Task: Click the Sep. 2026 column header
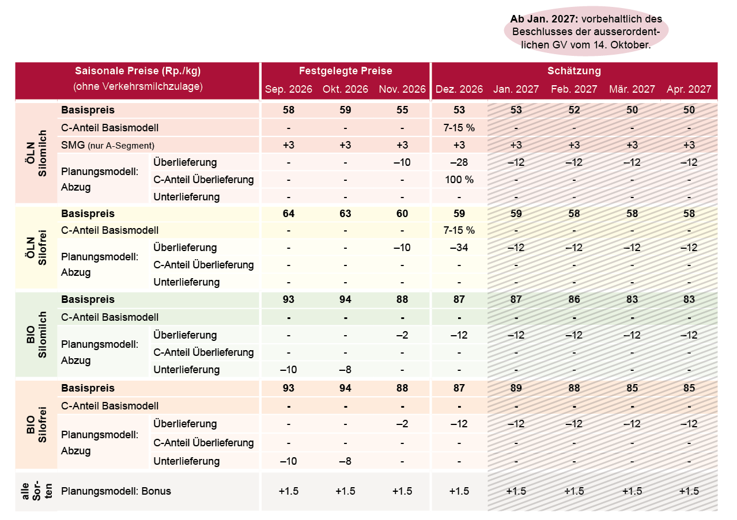[289, 89]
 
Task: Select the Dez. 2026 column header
[459, 89]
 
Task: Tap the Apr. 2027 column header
[689, 89]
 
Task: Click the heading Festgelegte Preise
[346, 71]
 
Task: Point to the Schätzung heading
[574, 71]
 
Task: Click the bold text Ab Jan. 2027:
[544, 19]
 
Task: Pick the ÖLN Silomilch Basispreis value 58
[289, 110]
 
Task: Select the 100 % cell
[459, 180]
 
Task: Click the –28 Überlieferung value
[459, 162]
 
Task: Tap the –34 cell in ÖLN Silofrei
[459, 248]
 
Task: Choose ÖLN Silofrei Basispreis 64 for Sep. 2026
[289, 214]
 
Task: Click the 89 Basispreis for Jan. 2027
[516, 388]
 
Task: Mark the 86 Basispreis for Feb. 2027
[574, 299]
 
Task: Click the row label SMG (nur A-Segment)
[108, 145]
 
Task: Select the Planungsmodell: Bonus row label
[116, 491]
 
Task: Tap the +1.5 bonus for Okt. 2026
[346, 491]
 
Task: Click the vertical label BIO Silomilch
[36, 335]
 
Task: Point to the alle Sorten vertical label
[36, 491]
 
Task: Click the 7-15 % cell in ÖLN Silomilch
[459, 128]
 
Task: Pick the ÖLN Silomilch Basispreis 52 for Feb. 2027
[574, 110]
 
